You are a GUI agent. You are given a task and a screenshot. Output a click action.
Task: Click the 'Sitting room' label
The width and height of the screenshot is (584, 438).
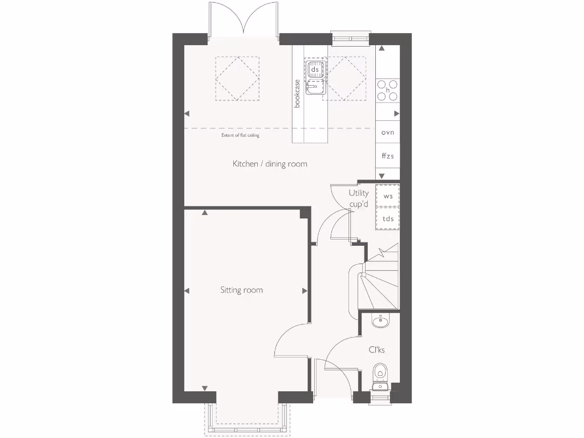[242, 290]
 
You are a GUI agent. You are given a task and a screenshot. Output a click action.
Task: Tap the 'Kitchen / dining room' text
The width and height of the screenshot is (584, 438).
[270, 164]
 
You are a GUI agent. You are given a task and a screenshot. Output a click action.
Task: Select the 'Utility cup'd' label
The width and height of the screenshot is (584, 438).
[359, 198]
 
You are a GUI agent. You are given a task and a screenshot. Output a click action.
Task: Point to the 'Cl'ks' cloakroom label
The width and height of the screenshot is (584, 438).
[376, 350]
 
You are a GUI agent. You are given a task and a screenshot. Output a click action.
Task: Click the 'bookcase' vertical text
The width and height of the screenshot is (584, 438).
[297, 93]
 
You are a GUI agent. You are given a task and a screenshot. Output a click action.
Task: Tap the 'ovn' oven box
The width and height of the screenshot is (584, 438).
[388, 132]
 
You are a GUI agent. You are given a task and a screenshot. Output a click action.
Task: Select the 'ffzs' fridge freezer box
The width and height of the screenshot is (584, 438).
[388, 155]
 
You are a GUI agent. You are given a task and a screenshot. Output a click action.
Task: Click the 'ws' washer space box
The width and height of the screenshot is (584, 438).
[388, 196]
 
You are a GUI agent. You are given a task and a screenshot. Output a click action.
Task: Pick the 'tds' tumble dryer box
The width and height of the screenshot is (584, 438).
[388, 219]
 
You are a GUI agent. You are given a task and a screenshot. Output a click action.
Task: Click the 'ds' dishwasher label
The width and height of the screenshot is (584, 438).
[314, 70]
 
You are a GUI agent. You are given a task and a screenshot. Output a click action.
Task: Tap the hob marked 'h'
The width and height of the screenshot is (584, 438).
[388, 90]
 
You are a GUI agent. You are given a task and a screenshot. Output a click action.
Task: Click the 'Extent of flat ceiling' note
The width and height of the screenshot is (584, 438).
[240, 136]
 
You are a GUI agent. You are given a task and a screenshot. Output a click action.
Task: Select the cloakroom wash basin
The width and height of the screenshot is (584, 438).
[380, 322]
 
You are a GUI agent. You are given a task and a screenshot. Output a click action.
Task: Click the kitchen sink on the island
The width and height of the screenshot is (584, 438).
[314, 87]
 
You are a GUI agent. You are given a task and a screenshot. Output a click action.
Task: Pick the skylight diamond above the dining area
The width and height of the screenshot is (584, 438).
[237, 79]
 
